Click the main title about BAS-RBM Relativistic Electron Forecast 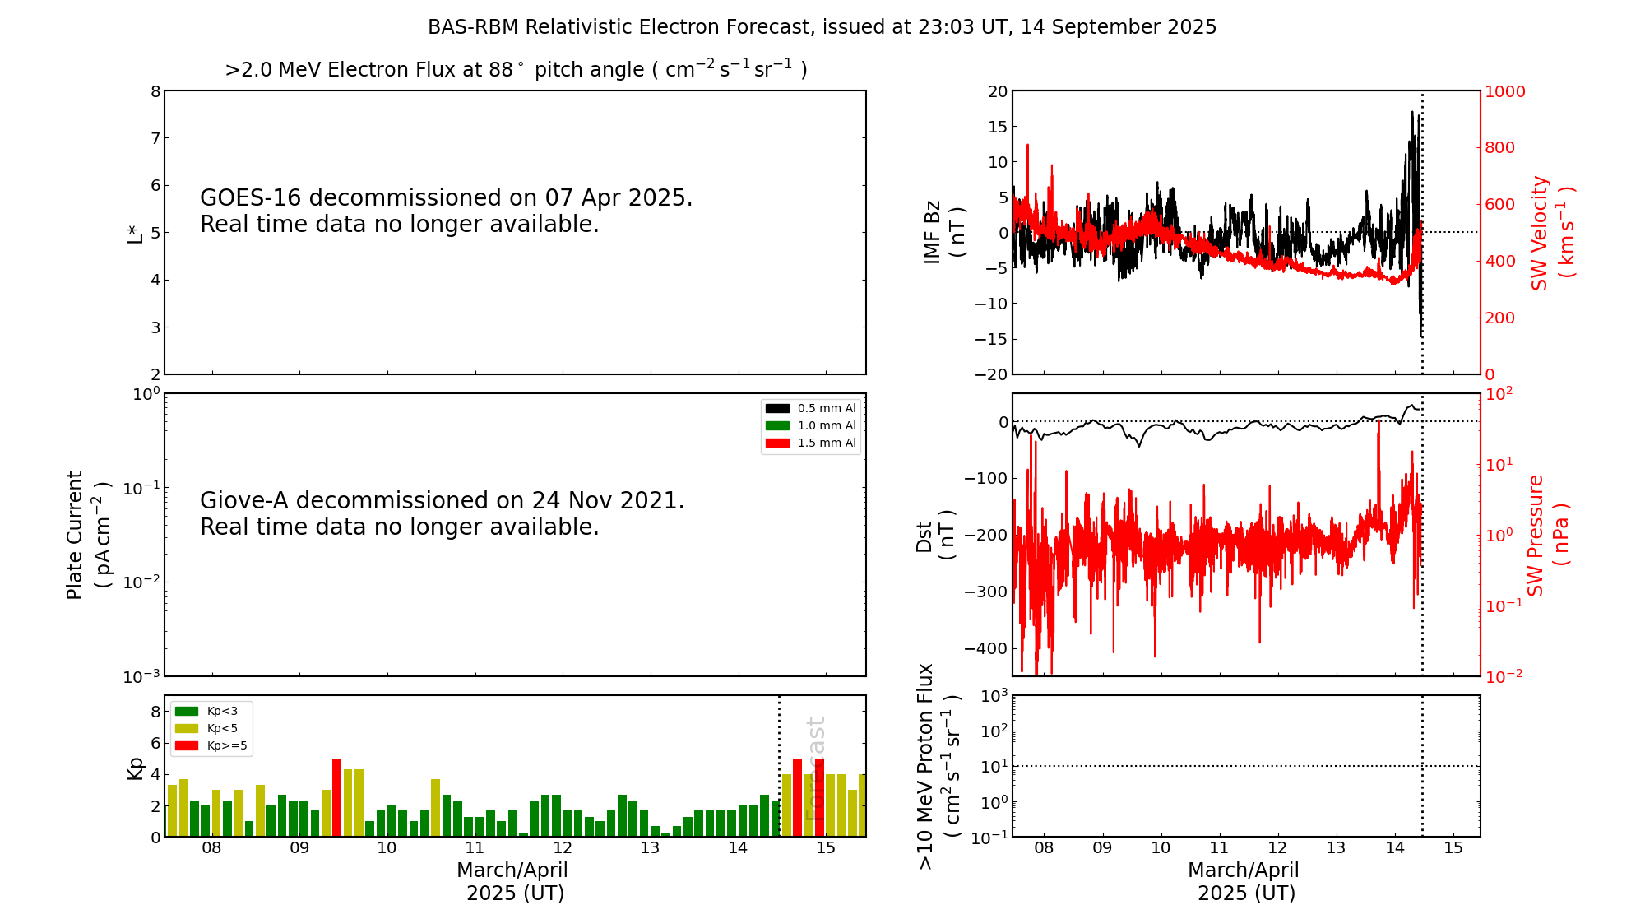point(822,27)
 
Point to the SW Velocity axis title point(1552,233)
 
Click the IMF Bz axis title point(944,232)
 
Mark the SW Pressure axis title point(1547,535)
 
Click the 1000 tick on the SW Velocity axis point(1504,91)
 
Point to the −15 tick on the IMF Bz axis point(990,339)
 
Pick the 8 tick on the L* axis point(155,91)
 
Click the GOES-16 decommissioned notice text point(446,211)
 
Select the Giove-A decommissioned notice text point(442,513)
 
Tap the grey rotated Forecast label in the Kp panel point(814,769)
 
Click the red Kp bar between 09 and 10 point(336,796)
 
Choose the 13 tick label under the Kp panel point(650,848)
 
